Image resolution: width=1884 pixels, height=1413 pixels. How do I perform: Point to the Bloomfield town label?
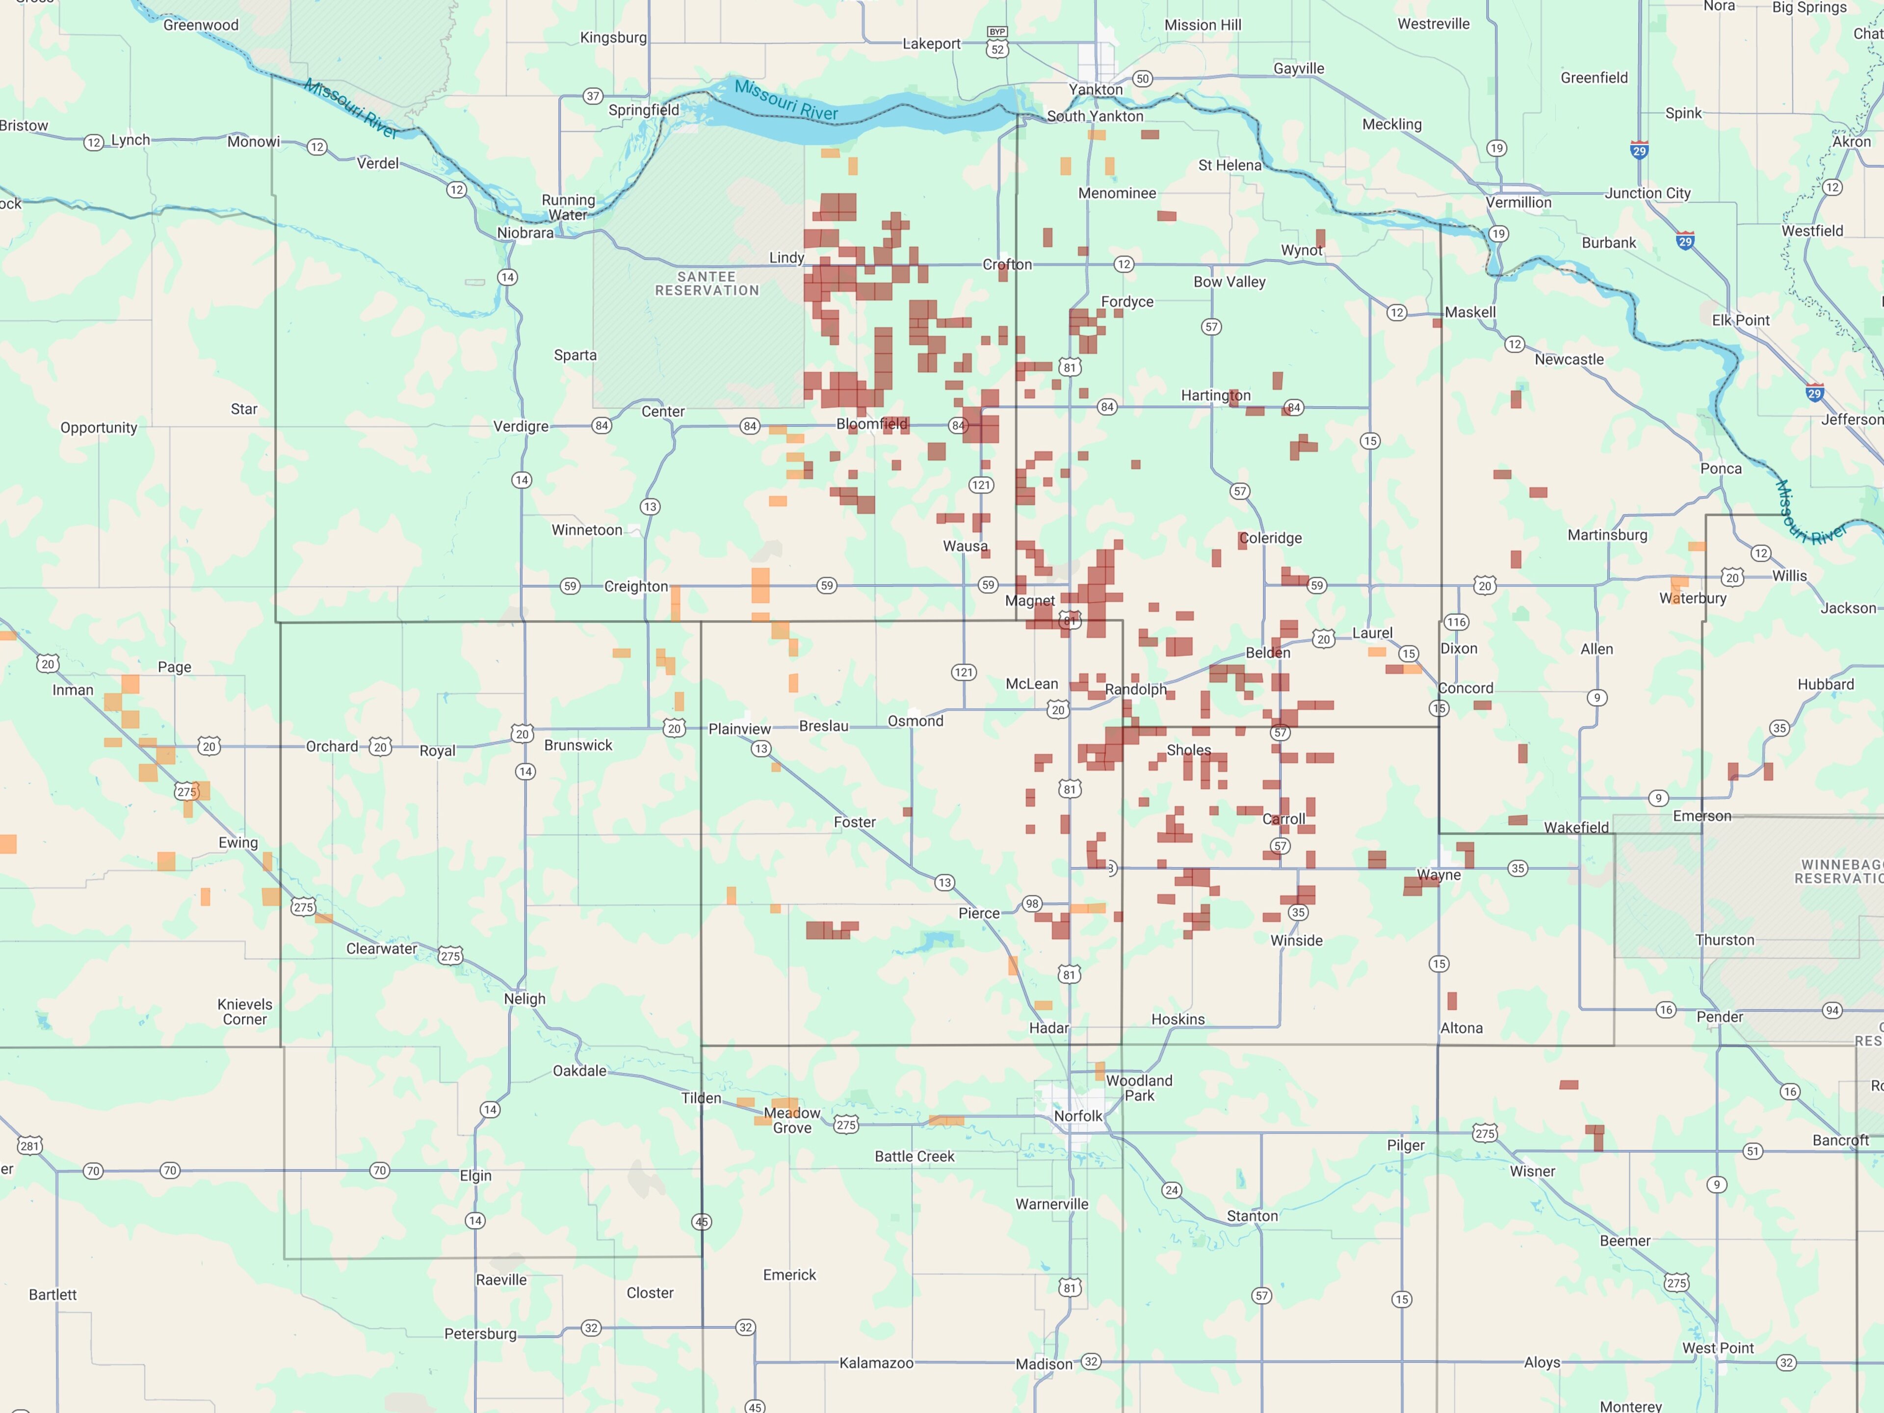871,424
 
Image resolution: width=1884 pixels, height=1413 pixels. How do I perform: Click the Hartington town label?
1215,395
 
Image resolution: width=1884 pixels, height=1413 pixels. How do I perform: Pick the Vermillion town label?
1518,203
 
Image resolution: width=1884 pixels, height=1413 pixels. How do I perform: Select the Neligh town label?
524,999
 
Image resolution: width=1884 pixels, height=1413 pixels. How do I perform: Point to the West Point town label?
1717,1348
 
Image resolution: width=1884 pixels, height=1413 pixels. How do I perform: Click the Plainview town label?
739,729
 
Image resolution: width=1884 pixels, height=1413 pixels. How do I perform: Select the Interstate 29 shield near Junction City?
1639,150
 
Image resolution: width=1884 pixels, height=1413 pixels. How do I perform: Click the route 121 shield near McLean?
963,673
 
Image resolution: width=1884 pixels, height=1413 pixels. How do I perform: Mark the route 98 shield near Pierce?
1031,904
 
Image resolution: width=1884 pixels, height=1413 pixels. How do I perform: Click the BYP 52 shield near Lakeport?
997,43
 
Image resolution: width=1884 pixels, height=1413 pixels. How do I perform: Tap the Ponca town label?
1721,469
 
